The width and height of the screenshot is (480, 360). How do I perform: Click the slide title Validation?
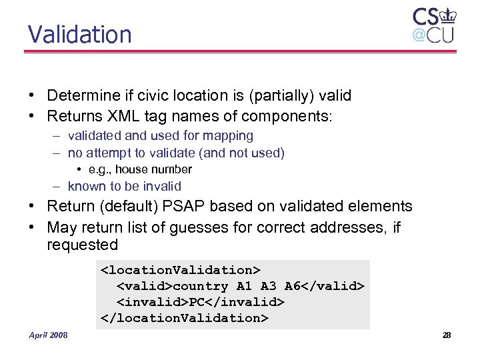tap(79, 34)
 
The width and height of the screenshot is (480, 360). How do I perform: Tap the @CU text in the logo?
tap(433, 35)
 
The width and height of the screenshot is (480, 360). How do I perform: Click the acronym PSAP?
tap(202, 207)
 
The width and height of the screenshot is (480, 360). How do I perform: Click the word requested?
tap(82, 245)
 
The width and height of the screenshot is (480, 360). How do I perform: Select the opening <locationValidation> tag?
tap(180, 270)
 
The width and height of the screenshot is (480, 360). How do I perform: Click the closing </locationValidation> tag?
tap(184, 318)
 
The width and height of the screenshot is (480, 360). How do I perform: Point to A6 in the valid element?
tap(293, 286)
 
